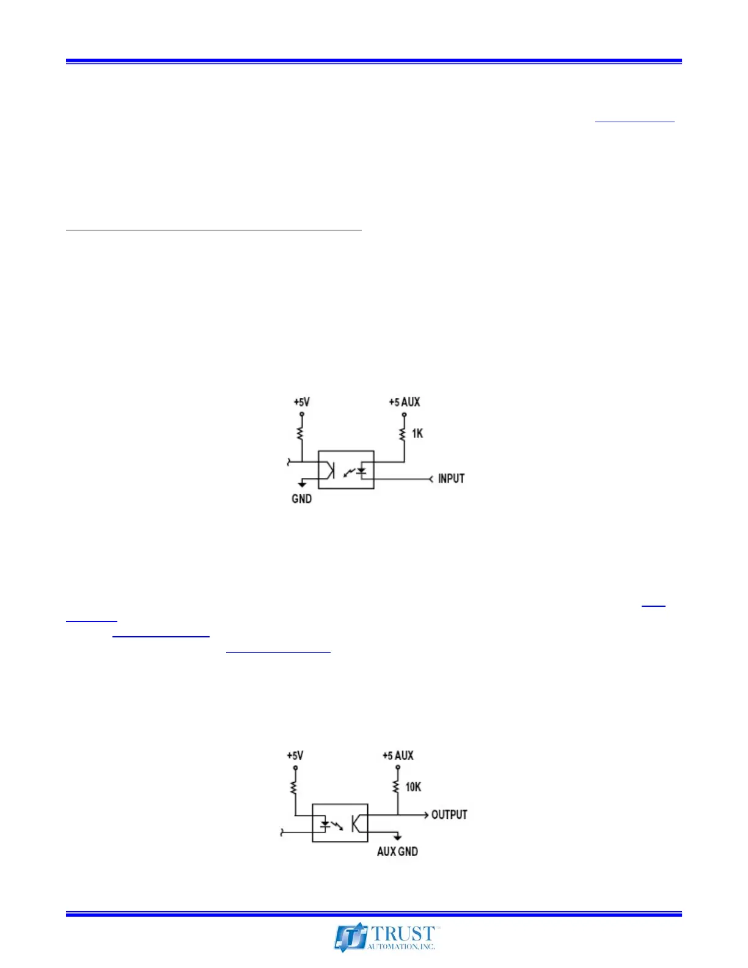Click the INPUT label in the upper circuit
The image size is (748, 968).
point(451,479)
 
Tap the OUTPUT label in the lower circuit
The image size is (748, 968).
point(449,815)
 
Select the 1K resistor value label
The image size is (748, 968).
point(417,433)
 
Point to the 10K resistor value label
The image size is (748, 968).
point(413,787)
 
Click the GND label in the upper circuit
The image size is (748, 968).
point(302,499)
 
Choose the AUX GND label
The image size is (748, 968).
point(397,851)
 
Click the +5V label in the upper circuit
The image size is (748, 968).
point(301,402)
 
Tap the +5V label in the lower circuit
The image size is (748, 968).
point(295,756)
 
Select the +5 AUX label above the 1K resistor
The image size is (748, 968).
point(405,402)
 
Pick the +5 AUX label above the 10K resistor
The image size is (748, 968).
point(398,756)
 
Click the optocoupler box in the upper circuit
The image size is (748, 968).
point(346,469)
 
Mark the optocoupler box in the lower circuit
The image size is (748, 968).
point(340,823)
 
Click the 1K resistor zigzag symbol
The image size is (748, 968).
point(403,433)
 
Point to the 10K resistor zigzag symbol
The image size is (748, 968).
point(397,787)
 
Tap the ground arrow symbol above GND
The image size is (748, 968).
point(302,484)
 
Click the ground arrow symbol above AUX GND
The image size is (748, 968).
point(397,837)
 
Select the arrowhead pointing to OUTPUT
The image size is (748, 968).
point(425,815)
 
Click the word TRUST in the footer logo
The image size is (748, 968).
point(403,934)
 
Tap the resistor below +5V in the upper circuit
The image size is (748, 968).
point(301,433)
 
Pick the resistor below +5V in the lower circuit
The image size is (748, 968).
point(295,787)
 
